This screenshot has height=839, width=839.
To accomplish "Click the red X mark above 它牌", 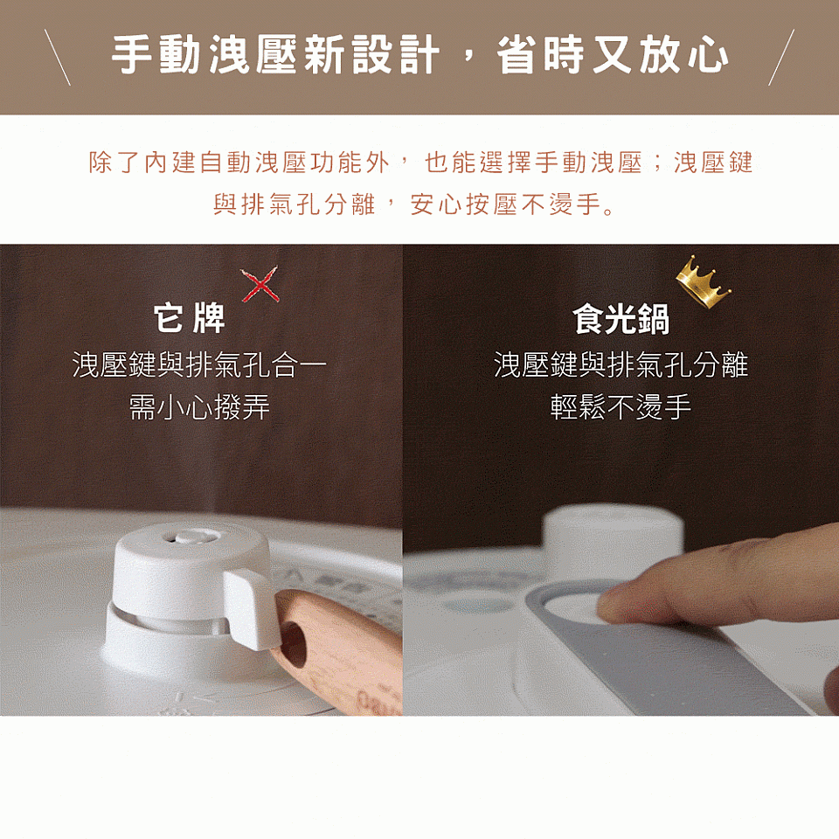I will click(260, 284).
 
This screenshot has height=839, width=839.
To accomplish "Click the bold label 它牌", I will click(190, 319).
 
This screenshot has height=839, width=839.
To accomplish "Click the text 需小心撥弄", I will click(199, 406).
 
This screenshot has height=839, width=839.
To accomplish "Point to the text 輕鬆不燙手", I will click(621, 406).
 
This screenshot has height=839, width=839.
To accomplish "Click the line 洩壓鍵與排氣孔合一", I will click(199, 364).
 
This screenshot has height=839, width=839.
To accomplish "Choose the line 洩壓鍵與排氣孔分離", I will click(621, 364).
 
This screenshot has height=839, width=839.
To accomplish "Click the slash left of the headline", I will click(58, 58).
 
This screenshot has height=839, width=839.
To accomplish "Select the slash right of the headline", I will click(781, 58).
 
